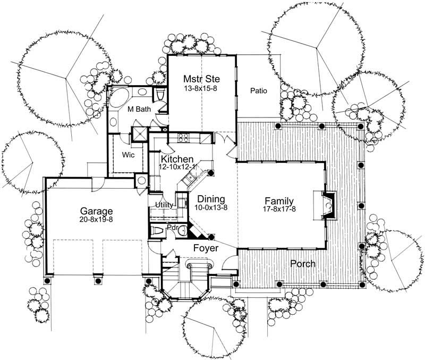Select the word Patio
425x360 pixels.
(258, 91)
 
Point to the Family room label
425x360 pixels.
(279, 200)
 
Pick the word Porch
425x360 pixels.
(302, 264)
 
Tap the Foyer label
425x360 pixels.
(203, 247)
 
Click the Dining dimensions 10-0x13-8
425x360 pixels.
(211, 207)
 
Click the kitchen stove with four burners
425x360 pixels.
(184, 138)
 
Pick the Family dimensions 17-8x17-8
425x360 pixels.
(279, 210)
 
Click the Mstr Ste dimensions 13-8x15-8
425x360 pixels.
(201, 88)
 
